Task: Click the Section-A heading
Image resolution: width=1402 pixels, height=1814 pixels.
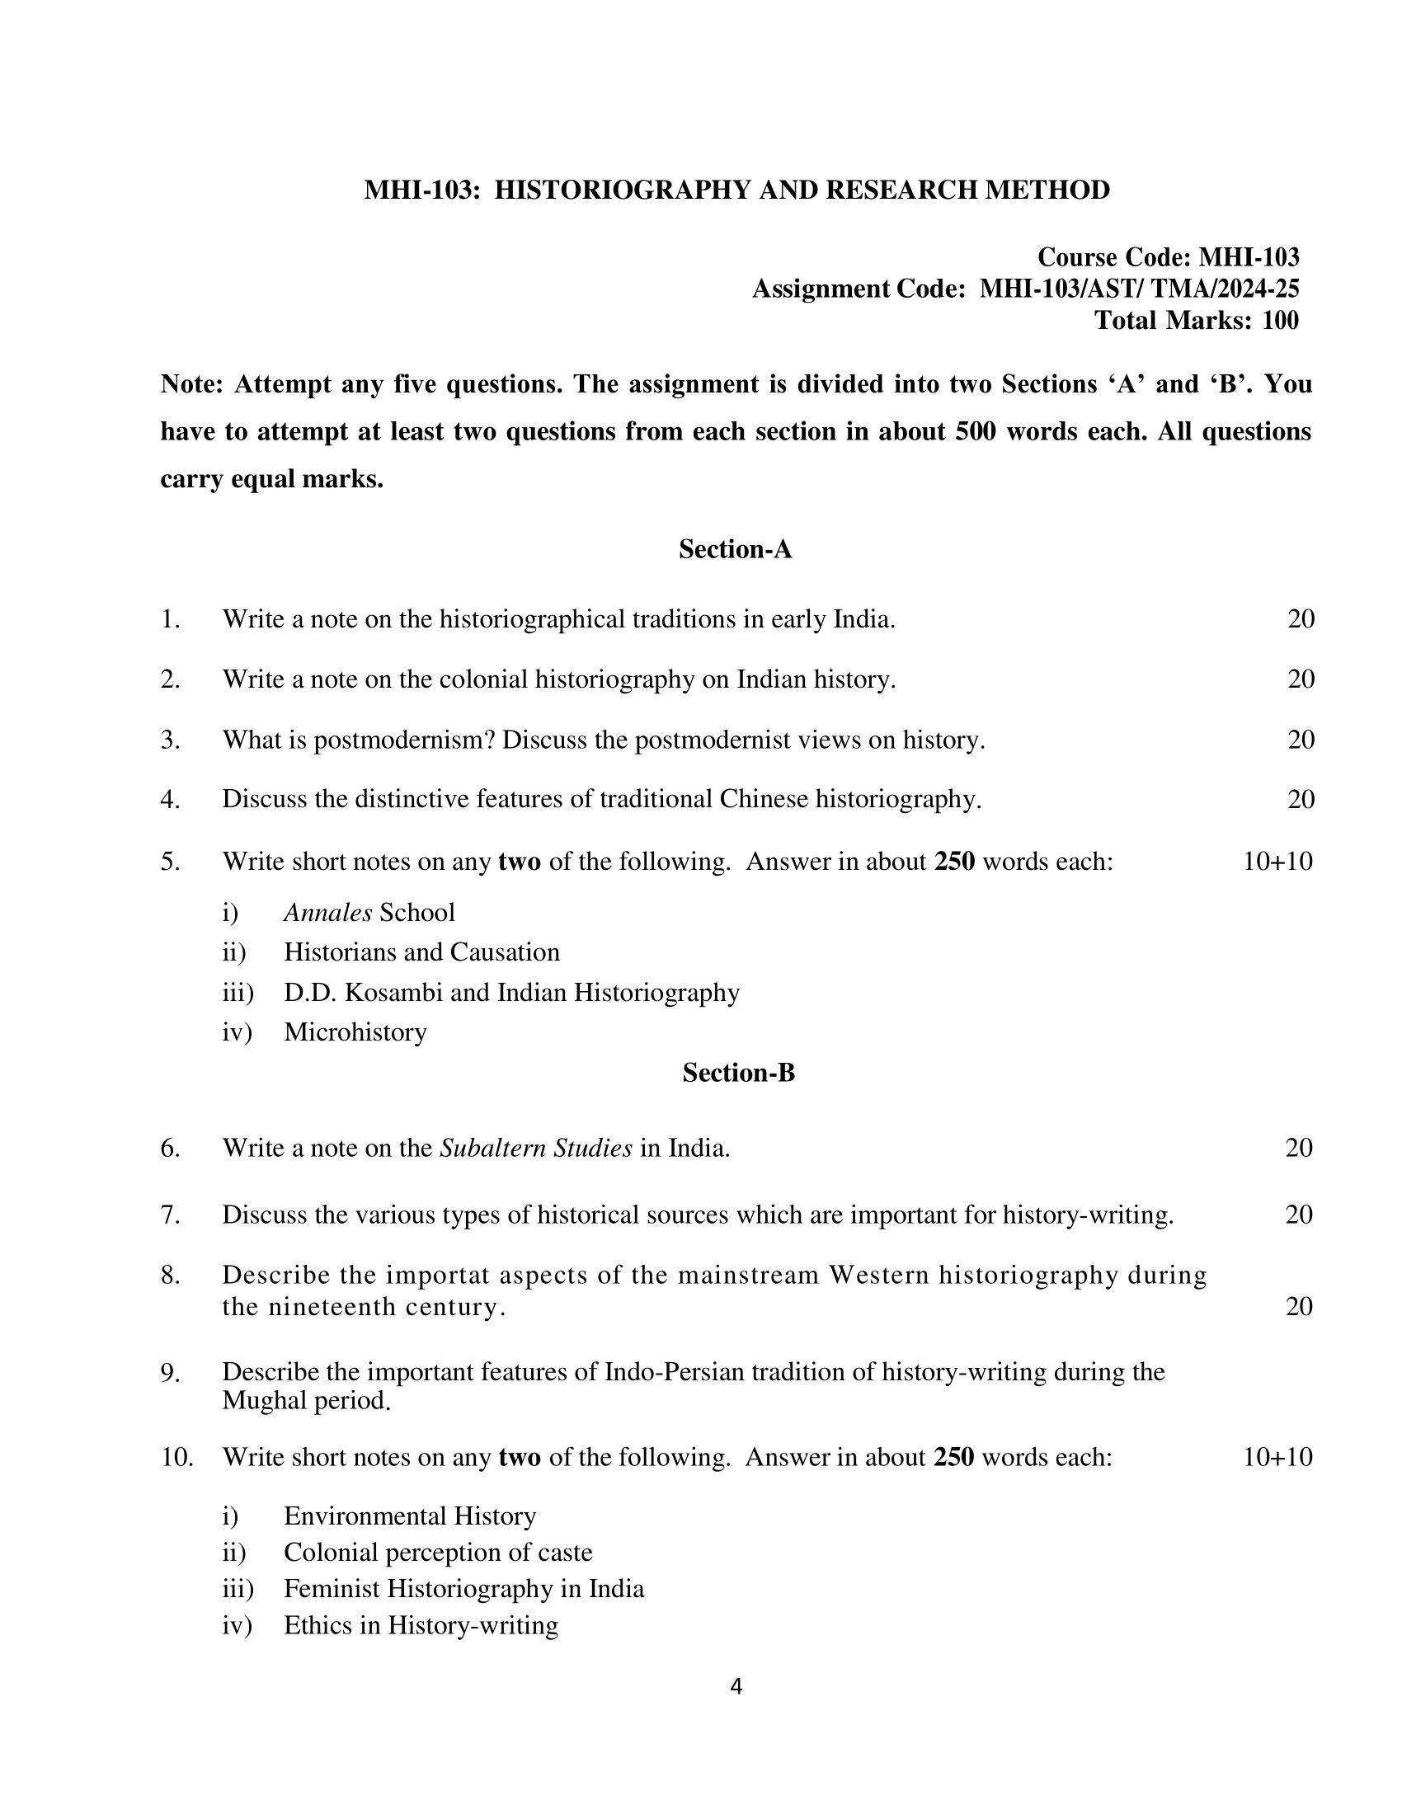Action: [735, 549]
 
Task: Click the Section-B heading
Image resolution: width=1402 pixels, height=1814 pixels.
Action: [738, 1073]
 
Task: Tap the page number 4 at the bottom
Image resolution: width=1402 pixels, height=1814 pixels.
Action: [736, 1686]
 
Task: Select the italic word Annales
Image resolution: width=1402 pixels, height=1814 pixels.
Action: [327, 913]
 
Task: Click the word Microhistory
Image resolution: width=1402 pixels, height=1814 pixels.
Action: [355, 1032]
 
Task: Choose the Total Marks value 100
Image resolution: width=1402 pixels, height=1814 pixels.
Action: [1280, 321]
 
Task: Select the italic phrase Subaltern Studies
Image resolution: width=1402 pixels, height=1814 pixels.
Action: [536, 1148]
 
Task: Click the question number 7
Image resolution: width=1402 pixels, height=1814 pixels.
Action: [169, 1215]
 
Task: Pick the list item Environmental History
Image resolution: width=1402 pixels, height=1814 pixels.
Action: [410, 1516]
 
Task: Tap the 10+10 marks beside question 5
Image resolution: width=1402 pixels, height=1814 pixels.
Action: [1277, 862]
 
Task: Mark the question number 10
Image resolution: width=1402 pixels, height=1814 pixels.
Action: [176, 1457]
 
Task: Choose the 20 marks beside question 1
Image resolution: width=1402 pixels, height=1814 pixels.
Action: [1301, 618]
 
